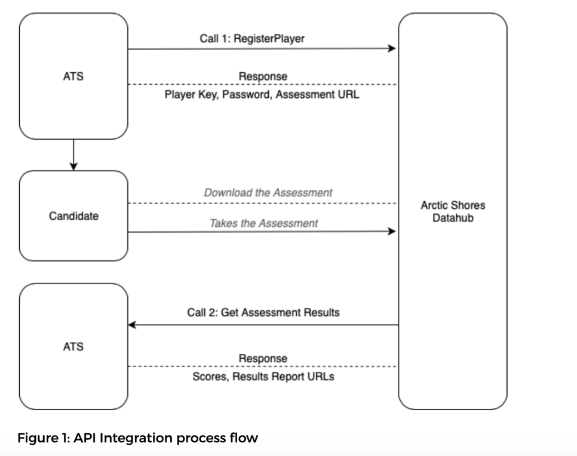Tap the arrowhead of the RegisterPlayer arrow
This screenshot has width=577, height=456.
392,48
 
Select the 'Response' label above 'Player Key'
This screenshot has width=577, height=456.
263,76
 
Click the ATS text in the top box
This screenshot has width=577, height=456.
73,76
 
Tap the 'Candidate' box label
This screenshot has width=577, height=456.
73,216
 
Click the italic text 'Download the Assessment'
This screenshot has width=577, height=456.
268,193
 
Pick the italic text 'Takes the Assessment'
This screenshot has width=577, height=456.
263,223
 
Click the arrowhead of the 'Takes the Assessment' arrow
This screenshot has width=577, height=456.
392,231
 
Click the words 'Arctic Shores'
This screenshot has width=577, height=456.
453,205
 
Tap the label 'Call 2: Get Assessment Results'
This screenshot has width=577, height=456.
263,312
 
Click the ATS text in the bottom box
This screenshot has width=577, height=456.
73,346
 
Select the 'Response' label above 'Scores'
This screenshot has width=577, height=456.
263,359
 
